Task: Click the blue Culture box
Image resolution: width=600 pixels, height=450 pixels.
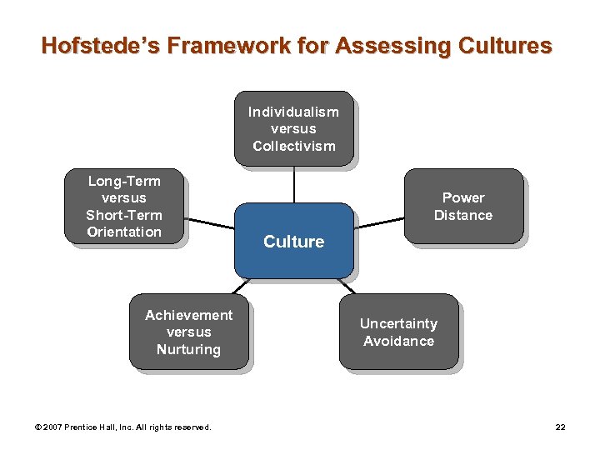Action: tap(293, 241)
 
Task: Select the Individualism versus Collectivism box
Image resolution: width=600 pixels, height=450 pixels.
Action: tap(293, 128)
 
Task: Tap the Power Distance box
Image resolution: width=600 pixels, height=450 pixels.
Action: tap(463, 206)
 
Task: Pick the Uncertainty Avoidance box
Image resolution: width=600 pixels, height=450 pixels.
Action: tap(398, 332)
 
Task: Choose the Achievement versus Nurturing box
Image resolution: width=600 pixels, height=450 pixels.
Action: tap(188, 332)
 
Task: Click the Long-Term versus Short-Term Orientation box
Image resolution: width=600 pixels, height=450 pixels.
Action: tap(124, 206)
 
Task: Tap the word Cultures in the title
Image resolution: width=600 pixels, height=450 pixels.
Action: tap(506, 45)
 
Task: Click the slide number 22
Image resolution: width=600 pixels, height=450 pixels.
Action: tap(560, 427)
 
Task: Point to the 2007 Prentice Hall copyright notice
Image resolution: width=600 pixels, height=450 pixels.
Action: tap(123, 427)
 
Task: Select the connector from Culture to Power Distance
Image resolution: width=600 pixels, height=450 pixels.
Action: tap(379, 222)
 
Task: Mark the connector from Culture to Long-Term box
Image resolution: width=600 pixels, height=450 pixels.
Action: tap(208, 226)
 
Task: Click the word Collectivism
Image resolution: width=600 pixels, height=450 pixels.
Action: tap(293, 146)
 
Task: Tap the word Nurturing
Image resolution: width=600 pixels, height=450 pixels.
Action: tap(188, 349)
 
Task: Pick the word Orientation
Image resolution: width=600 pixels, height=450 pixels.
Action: tap(124, 232)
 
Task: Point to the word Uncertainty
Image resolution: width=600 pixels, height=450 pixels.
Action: tap(398, 323)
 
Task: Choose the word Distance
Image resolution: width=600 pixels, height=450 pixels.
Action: tap(463, 215)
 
